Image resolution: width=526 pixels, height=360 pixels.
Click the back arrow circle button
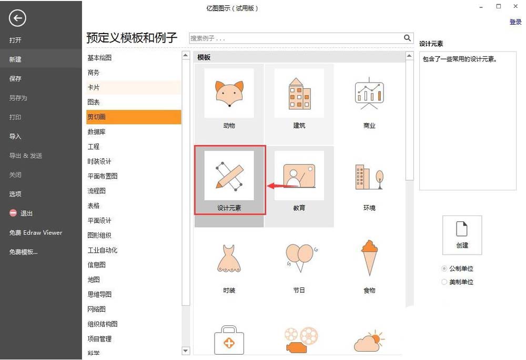[x=17, y=19]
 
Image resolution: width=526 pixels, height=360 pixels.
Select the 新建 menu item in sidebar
[x=16, y=59]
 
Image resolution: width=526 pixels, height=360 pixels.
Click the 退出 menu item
[x=26, y=213]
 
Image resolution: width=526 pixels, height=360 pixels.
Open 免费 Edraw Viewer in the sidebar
[x=35, y=232]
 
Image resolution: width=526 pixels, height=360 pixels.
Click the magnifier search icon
[x=407, y=38]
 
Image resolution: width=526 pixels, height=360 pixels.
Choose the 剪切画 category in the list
[x=97, y=117]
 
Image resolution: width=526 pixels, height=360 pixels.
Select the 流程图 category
[x=97, y=191]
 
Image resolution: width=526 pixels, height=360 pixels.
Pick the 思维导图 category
[x=100, y=294]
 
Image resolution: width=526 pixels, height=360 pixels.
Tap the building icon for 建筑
[x=299, y=94]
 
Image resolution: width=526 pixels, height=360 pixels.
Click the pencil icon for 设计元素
[x=229, y=176]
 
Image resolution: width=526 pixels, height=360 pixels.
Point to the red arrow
[x=279, y=186]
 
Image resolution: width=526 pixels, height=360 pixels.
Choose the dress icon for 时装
[x=229, y=258]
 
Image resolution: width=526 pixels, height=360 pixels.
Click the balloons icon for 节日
[x=299, y=257]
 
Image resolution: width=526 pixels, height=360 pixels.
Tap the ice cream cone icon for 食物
[x=370, y=257]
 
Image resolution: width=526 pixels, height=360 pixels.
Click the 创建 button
[x=462, y=234]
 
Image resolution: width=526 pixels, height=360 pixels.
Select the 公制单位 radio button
[x=444, y=269]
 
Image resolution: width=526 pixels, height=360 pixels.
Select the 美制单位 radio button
[x=444, y=282]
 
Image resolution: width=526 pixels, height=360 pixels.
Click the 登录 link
[x=515, y=22]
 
